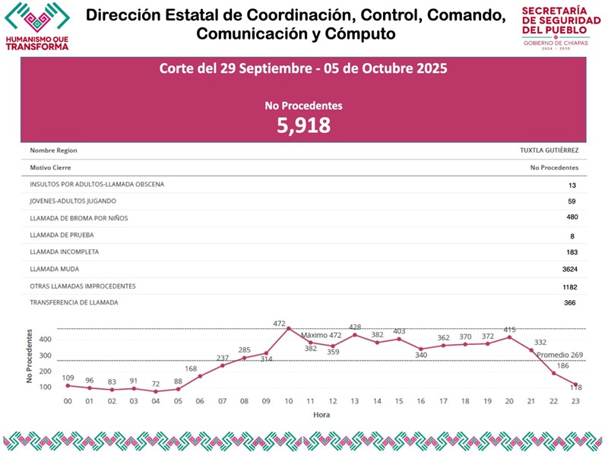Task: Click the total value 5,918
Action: [x=303, y=125]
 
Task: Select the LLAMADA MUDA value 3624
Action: [x=569, y=269]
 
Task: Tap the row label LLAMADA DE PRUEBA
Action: [x=62, y=235]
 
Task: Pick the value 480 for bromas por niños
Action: [x=571, y=218]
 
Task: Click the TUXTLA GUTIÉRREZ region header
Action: [x=549, y=150]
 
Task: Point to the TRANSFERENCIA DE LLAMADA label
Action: [x=74, y=302]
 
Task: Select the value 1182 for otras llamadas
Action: [x=569, y=286]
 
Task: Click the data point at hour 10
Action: [x=288, y=328]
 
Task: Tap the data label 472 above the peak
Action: [x=280, y=324]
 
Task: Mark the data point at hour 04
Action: [x=156, y=391]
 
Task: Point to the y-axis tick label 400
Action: [x=45, y=340]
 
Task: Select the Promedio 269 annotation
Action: [x=560, y=355]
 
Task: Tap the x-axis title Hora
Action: [x=321, y=416]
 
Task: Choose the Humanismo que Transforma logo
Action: [x=36, y=27]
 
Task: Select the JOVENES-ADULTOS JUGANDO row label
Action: [x=73, y=201]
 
